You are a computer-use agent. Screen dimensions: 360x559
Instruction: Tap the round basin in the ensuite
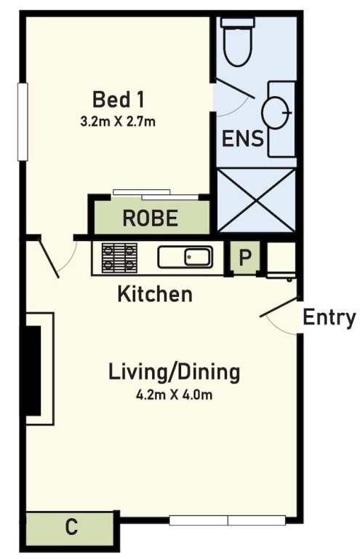pos(275,113)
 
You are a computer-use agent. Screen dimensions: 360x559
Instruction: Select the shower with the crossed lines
pos(256,200)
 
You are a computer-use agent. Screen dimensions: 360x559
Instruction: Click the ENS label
pos(242,139)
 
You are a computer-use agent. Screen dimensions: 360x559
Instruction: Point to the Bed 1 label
pos(119,100)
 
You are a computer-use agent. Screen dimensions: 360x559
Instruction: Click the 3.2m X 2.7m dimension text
pos(118,122)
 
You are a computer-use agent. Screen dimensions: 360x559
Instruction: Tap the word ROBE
pos(151,218)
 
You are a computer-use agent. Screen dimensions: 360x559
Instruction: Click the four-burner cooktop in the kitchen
pos(120,258)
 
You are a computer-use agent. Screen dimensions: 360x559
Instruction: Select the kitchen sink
pos(185,257)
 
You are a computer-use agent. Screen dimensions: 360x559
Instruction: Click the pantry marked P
pos(245,257)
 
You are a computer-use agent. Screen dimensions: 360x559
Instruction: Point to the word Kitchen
pos(155,294)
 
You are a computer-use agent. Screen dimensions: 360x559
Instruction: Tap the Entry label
pos(329,317)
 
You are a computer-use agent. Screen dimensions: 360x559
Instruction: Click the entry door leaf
pos(279,307)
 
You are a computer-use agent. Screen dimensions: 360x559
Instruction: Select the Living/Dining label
pos(174,373)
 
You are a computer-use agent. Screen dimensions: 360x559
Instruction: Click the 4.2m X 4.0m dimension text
pos(174,395)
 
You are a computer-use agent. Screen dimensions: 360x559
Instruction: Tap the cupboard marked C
pos(70,527)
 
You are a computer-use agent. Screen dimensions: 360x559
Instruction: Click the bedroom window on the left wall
pos(23,122)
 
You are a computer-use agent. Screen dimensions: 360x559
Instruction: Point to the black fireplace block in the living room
pos(33,370)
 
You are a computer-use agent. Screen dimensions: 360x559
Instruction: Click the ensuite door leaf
pos(236,89)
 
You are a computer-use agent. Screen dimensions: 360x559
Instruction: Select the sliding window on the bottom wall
pos(227,520)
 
